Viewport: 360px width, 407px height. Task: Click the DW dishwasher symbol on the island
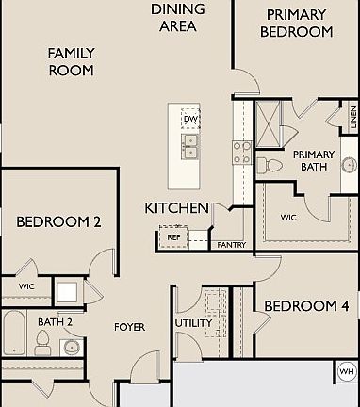[x=190, y=119]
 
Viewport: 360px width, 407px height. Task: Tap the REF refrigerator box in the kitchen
[x=173, y=237]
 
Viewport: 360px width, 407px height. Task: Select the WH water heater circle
[x=347, y=372]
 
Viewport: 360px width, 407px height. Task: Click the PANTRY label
[x=232, y=245]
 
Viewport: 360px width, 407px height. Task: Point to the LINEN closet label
[x=353, y=117]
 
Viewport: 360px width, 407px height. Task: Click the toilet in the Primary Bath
[x=270, y=165]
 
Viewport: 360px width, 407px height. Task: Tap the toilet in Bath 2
[x=41, y=343]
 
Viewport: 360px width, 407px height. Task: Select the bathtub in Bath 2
[x=14, y=333]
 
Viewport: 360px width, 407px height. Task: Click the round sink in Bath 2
[x=72, y=348]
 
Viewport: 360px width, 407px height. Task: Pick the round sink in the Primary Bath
[x=350, y=164]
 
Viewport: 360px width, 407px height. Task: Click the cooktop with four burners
[x=242, y=153]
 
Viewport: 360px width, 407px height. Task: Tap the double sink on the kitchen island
[x=190, y=146]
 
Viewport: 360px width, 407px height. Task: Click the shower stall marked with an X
[x=268, y=123]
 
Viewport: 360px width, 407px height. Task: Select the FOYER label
[x=129, y=327]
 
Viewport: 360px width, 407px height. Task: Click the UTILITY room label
[x=193, y=323]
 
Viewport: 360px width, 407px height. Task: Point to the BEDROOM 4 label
[x=306, y=306]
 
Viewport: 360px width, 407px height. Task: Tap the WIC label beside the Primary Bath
[x=288, y=218]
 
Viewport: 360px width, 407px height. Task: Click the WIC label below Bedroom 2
[x=26, y=286]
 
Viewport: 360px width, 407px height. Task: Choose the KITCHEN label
[x=176, y=208]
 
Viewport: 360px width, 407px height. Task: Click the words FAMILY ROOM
[x=72, y=62]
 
